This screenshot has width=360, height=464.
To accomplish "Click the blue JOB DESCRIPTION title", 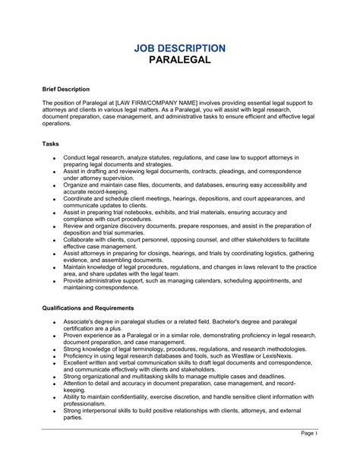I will pos(180,48).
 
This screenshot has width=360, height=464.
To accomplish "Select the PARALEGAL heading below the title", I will pos(180,62).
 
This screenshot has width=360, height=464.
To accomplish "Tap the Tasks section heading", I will pos(51,144).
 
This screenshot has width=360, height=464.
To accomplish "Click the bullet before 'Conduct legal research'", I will pos(54,158).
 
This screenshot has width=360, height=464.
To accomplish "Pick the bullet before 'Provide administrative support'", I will pos(54,281).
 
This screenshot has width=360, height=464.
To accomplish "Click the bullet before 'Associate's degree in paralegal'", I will pos(54,323).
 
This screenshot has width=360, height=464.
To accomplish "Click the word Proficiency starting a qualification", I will pos(81,355).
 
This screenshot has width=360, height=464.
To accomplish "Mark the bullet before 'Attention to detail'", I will pos(54,384).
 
